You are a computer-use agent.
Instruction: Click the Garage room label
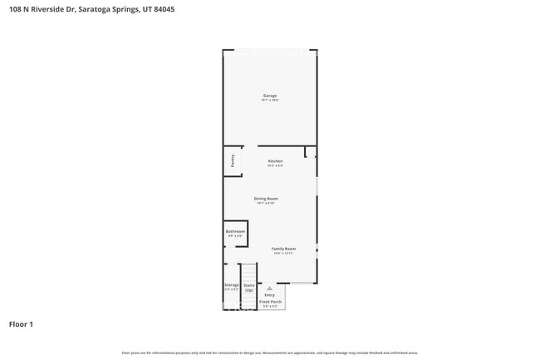pos(270,95)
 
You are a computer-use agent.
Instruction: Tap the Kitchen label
pos(275,160)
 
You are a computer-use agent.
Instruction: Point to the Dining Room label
pos(266,199)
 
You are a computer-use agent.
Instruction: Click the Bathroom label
pos(235,231)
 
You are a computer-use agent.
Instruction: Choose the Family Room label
pos(283,249)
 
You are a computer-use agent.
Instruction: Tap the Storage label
pos(231,284)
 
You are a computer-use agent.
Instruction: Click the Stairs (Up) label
pos(249,287)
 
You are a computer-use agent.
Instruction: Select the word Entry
pos(269,294)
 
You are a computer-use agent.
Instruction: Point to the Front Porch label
pos(272,301)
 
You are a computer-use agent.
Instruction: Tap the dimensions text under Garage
pos(270,100)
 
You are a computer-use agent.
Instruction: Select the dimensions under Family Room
pos(283,254)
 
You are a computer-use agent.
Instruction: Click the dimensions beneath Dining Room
pos(266,204)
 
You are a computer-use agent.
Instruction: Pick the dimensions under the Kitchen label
pos(275,165)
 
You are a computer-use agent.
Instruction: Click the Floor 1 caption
pos(21,323)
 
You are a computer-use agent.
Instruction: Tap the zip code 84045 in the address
pos(164,9)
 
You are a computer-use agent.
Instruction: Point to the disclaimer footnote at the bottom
pos(270,353)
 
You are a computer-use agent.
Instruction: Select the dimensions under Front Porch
pos(272,307)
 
